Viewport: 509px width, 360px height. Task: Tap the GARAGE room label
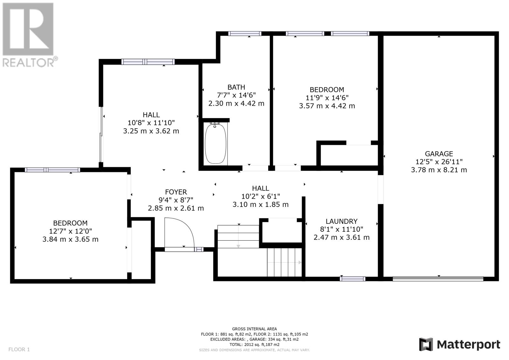439,154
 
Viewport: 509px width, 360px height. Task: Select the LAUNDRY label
342,221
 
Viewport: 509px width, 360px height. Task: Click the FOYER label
176,192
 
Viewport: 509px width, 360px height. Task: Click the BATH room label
236,87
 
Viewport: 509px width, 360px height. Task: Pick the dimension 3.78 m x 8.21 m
439,170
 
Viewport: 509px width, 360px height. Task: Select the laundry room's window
352,279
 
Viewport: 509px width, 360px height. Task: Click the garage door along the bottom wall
438,279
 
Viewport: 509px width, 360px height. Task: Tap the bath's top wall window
245,34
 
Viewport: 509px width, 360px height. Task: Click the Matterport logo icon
426,344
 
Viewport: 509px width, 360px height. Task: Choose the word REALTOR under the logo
28,62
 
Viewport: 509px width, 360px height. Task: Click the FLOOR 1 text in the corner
19,349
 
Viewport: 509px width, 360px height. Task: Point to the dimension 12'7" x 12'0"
70,231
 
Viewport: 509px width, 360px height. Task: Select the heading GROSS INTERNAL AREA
254,329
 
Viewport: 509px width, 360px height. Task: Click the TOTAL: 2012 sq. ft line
254,344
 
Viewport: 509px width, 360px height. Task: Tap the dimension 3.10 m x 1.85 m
261,204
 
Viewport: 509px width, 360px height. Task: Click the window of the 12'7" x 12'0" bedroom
52,170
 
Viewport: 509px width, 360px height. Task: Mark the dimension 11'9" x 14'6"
327,98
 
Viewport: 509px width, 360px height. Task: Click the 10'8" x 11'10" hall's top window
148,62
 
